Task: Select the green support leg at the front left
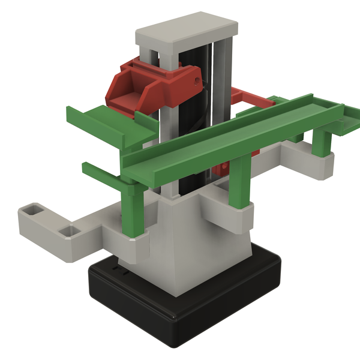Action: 133,210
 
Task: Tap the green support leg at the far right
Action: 322,141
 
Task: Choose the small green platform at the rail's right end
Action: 345,122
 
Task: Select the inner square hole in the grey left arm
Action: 70,230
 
